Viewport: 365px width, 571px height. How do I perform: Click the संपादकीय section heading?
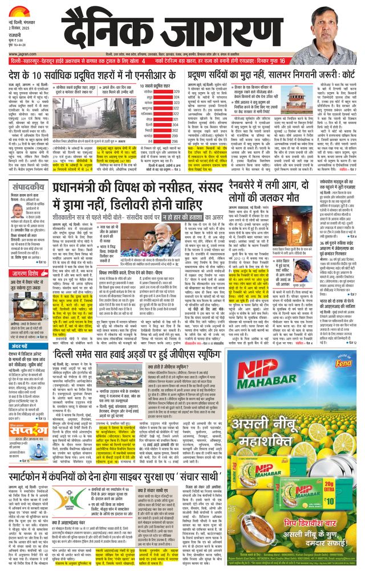25,186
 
